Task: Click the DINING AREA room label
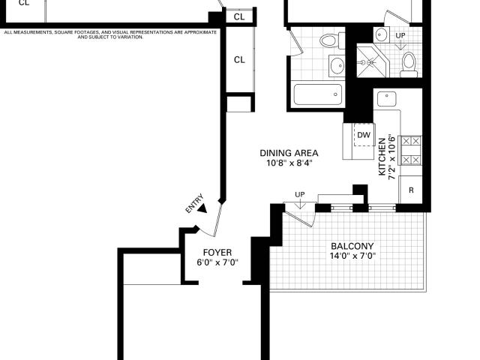coord(289,153)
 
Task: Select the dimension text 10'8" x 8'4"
coord(289,163)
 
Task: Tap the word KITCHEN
coord(382,157)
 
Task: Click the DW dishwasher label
coord(364,135)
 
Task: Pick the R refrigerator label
coord(411,190)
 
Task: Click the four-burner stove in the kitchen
coord(411,151)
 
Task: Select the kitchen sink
coord(387,99)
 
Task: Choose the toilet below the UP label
coord(409,65)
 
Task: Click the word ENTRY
coord(194,203)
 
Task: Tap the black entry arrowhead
coord(202,208)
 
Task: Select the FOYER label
coord(217,253)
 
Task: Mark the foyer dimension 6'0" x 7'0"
coord(217,262)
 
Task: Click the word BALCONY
coord(352,246)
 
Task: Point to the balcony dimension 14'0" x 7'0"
coord(352,256)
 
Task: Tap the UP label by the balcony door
coord(300,194)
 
